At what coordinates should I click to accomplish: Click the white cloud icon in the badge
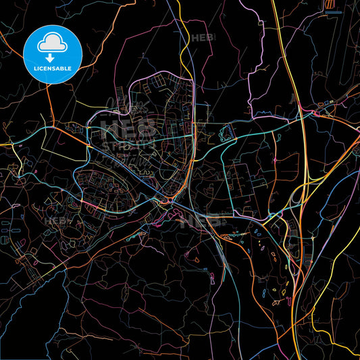tap(51, 43)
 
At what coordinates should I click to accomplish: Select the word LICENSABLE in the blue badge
tap(51, 68)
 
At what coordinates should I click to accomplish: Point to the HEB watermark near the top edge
tap(203, 38)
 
